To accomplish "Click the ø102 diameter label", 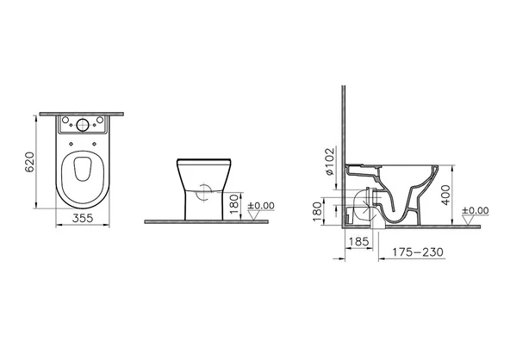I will [x=329, y=161].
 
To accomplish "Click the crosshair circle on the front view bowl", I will [x=203, y=194].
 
